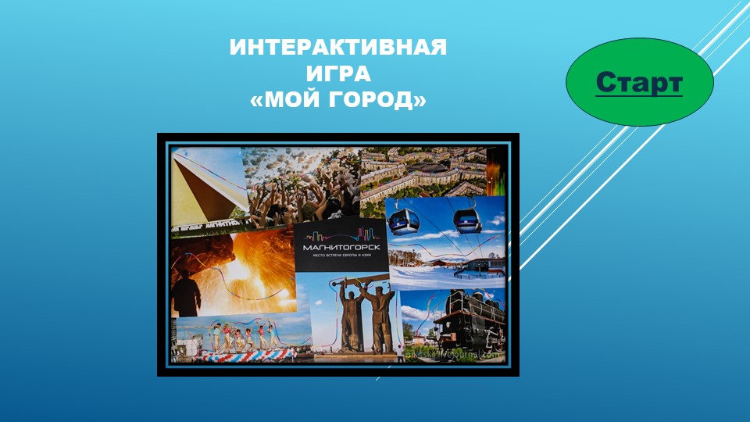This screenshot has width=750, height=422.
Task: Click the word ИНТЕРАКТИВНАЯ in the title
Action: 338,48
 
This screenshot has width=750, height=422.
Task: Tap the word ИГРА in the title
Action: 338,74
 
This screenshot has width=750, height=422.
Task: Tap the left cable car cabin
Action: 404,221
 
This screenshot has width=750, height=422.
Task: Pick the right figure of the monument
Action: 380,320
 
